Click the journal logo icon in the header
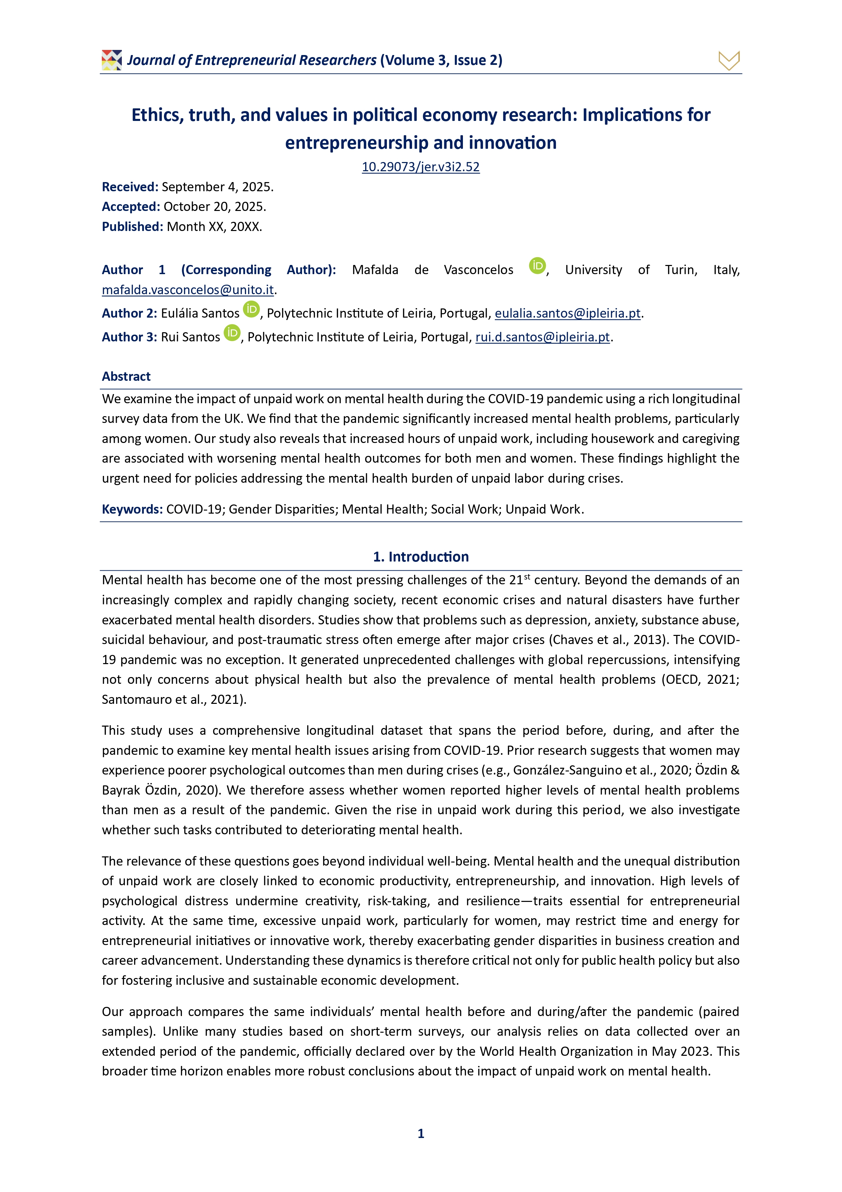tap(112, 60)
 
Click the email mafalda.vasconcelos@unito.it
tap(187, 290)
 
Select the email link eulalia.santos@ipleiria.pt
tap(567, 314)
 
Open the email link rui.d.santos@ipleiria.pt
tap(542, 337)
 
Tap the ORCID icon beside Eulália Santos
tap(251, 309)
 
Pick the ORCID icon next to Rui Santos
tap(232, 333)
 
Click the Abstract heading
tap(126, 376)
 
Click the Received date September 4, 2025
tap(218, 187)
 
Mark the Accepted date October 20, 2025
tap(214, 207)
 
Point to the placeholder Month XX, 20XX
tap(214, 227)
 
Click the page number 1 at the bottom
tap(421, 1133)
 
